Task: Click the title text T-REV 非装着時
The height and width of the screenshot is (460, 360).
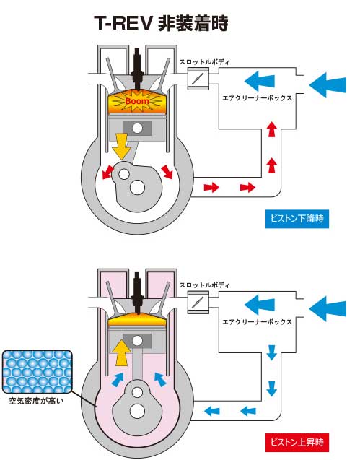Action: coord(161,23)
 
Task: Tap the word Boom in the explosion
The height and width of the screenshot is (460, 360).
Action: coord(137,101)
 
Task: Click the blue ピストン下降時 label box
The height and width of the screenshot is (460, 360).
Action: coord(297,219)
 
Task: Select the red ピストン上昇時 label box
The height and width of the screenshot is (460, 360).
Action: coord(297,442)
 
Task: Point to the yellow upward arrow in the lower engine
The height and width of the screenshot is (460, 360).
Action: coord(122,352)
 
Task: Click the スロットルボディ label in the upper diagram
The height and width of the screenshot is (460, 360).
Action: coord(204,62)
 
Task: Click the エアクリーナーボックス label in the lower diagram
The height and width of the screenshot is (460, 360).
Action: coord(258,322)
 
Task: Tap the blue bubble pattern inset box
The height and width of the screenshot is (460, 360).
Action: coord(38,372)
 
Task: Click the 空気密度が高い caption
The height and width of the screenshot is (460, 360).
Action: coord(36,401)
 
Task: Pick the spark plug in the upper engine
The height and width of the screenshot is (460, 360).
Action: coord(137,69)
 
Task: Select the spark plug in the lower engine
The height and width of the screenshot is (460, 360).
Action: coord(137,292)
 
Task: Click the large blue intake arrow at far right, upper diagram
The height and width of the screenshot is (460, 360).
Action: coord(328,85)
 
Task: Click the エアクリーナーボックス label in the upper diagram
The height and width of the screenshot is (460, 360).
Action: coord(258,98)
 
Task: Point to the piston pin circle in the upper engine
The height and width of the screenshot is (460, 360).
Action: coord(137,129)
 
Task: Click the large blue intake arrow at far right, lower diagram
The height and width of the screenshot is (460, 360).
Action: coord(328,308)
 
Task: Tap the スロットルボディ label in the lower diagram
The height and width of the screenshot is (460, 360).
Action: coord(204,285)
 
